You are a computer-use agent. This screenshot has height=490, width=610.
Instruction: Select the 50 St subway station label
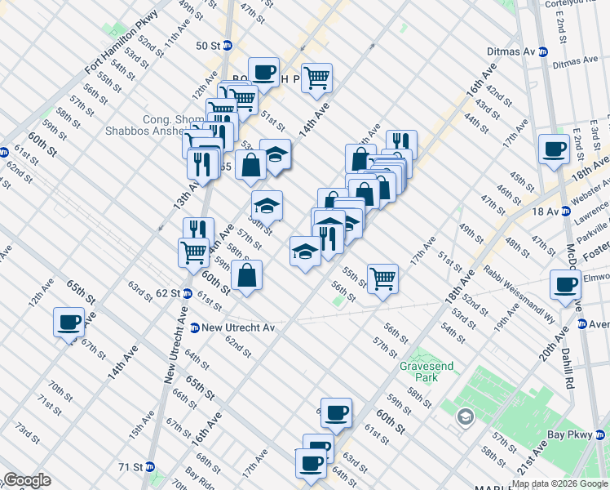pyautogui.click(x=208, y=46)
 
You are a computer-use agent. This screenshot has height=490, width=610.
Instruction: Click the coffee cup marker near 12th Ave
pyautogui.click(x=69, y=321)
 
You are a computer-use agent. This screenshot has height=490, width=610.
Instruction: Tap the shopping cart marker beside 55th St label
pyautogui.click(x=382, y=278)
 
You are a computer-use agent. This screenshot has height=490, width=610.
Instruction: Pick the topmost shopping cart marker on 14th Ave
pyautogui.click(x=316, y=78)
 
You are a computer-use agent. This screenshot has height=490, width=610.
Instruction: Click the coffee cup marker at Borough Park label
pyautogui.click(x=263, y=71)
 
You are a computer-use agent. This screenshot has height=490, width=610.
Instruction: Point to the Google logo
pyautogui.click(x=26, y=480)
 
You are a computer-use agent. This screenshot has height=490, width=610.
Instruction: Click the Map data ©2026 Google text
pyautogui.click(x=559, y=484)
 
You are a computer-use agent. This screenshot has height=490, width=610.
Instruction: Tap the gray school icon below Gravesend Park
pyautogui.click(x=465, y=418)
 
